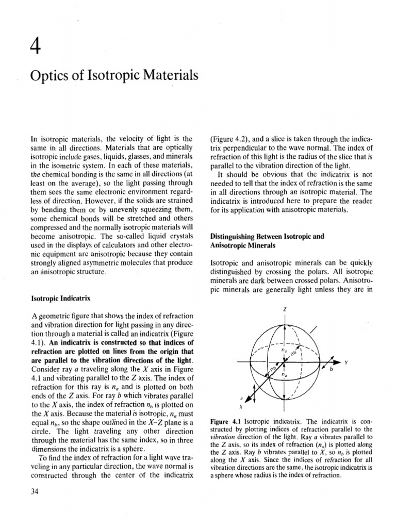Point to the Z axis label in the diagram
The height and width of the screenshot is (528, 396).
pos(284,309)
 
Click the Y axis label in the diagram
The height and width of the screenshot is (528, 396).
pos(346,362)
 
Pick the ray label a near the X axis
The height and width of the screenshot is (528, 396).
pos(241,398)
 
